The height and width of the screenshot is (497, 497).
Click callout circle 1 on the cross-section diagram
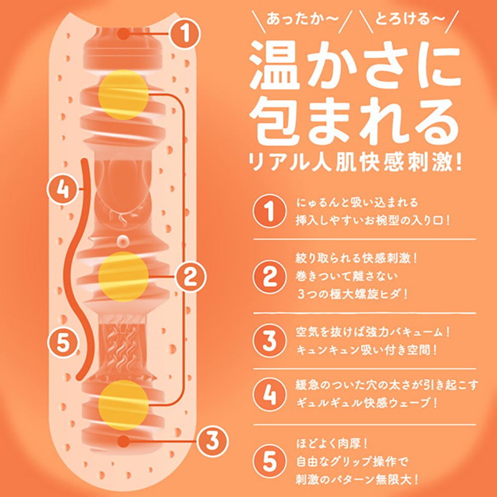click(184, 34)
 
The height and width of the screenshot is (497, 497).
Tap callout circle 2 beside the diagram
click(191, 276)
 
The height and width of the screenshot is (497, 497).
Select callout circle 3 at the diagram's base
click(213, 441)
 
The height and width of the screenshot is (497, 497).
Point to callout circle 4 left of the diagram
click(62, 189)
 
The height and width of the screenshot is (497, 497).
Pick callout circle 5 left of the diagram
click(63, 342)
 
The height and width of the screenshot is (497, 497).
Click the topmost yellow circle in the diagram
click(123, 95)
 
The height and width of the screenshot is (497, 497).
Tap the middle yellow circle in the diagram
click(123, 276)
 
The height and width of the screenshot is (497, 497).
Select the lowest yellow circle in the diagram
click(123, 405)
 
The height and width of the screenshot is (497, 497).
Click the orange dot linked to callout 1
click(124, 34)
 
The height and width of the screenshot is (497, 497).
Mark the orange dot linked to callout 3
click(124, 441)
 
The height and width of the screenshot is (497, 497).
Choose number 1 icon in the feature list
click(269, 211)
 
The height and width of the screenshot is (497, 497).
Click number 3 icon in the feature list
click(269, 341)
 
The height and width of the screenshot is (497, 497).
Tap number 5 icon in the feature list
click(269, 461)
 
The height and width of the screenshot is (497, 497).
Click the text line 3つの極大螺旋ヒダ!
click(352, 294)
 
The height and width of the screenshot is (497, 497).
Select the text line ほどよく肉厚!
click(332, 444)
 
